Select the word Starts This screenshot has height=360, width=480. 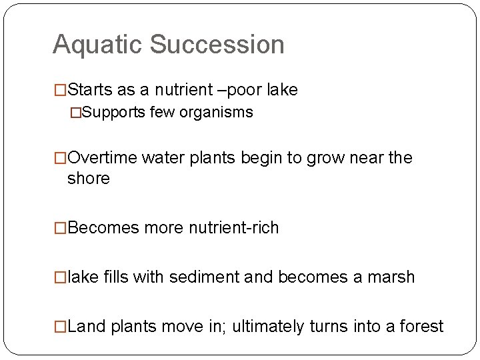point(91,89)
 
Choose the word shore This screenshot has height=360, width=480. point(89,178)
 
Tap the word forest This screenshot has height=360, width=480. point(421,326)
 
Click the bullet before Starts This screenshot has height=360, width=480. point(61,89)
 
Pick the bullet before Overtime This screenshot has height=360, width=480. point(61,158)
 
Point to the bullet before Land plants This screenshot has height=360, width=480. point(61,326)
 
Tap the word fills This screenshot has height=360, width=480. point(116,277)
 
